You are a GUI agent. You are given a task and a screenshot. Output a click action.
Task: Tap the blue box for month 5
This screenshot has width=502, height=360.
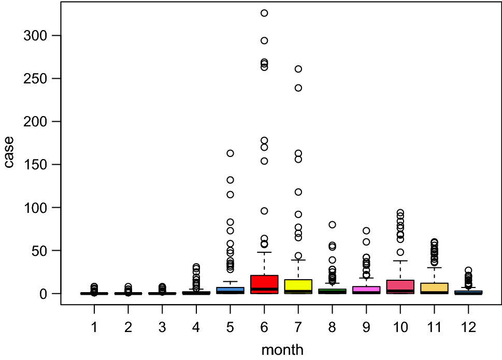(x=230, y=290)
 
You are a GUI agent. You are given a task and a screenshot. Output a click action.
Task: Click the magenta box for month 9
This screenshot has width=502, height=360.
(x=366, y=289)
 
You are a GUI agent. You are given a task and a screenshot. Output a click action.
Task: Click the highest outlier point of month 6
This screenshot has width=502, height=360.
(x=264, y=13)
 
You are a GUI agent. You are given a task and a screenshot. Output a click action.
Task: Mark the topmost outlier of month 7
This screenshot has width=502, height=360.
(x=298, y=69)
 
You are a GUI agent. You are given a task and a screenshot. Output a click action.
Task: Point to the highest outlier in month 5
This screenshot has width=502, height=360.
(x=230, y=153)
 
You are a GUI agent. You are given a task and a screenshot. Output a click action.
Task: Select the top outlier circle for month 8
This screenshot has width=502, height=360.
(x=332, y=225)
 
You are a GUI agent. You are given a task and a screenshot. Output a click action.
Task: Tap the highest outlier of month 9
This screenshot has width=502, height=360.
(x=366, y=231)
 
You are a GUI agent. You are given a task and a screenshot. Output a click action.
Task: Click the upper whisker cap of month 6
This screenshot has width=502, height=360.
(x=264, y=252)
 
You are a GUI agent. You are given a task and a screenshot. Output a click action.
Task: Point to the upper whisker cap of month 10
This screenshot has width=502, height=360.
(x=400, y=261)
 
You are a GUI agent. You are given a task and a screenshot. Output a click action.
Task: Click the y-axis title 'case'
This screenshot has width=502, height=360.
(x=9, y=152)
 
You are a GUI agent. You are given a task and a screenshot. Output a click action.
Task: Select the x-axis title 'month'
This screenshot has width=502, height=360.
(x=282, y=350)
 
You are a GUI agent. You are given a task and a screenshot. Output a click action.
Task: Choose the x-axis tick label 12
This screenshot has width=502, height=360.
(x=468, y=327)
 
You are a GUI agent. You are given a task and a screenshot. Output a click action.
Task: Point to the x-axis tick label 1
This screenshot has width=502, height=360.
(x=94, y=327)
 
